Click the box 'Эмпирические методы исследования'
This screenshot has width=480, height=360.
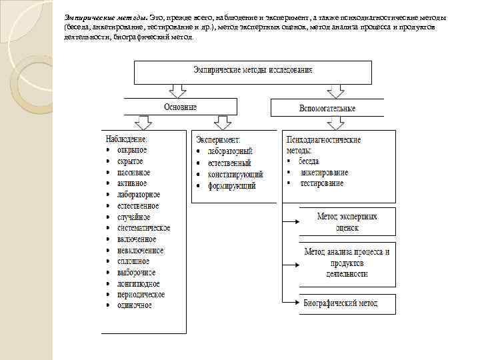point(253,71)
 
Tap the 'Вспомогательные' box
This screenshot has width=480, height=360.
point(327,108)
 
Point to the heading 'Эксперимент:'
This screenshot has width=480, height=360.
point(219,140)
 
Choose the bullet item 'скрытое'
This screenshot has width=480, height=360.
point(130,162)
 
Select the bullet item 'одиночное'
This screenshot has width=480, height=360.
point(134,305)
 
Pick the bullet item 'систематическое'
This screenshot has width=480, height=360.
point(143,228)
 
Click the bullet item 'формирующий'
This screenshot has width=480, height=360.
point(231,186)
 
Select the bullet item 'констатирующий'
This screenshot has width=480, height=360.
point(235,175)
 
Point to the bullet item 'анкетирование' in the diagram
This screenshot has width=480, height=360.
point(324,172)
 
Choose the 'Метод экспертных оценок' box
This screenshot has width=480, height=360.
point(347,222)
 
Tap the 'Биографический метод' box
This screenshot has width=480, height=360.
point(347,303)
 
